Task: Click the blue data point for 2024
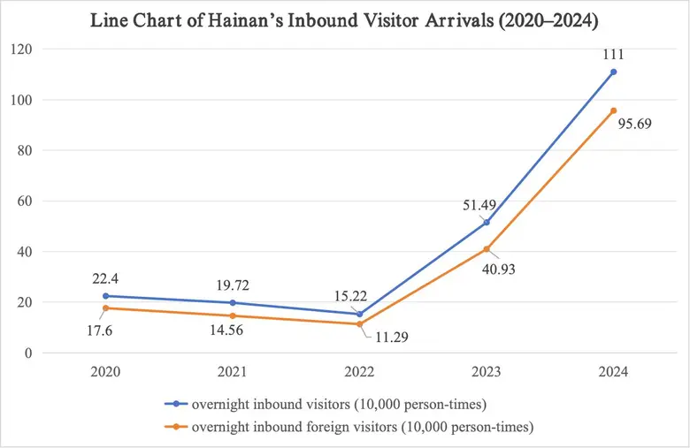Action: point(613,72)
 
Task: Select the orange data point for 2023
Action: point(486,249)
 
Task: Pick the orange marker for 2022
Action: point(359,324)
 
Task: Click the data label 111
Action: point(613,54)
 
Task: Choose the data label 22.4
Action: point(105,278)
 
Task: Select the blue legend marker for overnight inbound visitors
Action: point(177,404)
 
